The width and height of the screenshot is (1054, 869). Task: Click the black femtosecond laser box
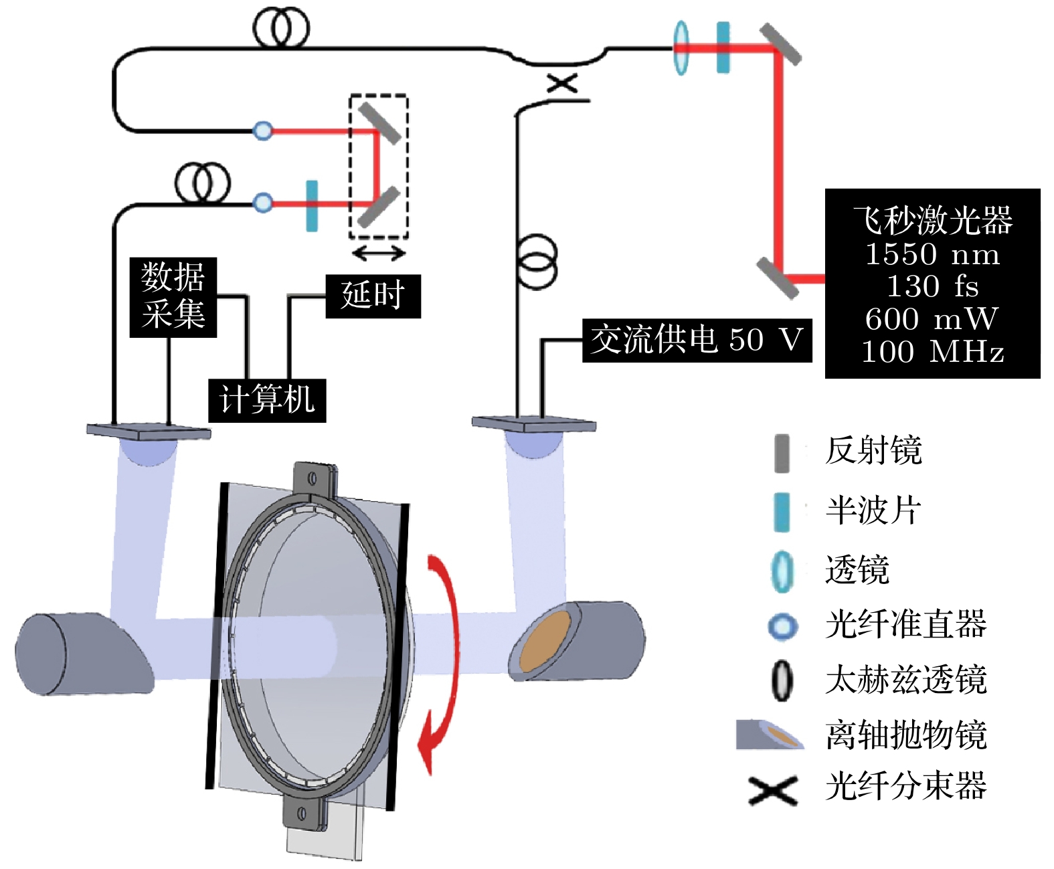(932, 284)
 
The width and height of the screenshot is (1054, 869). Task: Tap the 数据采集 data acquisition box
(173, 296)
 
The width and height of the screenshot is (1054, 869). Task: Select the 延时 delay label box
(373, 296)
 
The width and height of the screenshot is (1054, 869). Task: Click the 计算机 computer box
(267, 400)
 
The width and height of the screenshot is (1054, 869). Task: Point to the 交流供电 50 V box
(697, 341)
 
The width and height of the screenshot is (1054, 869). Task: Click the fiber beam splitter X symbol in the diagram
(562, 84)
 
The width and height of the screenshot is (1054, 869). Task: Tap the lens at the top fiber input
(681, 47)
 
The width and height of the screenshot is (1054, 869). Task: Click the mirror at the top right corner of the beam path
(780, 45)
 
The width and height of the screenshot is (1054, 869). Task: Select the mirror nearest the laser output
(778, 278)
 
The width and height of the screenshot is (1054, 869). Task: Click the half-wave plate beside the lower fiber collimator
(312, 205)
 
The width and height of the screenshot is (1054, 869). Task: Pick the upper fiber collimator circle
(263, 130)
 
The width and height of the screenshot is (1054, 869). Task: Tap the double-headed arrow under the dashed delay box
(379, 253)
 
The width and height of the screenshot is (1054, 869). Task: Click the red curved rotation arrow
(442, 662)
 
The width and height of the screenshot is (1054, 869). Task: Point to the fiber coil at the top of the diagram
(281, 28)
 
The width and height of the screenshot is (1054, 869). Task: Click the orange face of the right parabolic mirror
(545, 640)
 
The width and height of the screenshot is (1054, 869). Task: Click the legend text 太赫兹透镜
(905, 680)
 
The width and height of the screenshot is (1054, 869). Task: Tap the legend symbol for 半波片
(781, 512)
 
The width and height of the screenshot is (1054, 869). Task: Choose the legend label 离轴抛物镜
(905, 735)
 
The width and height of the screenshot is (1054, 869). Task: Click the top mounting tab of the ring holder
(313, 479)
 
